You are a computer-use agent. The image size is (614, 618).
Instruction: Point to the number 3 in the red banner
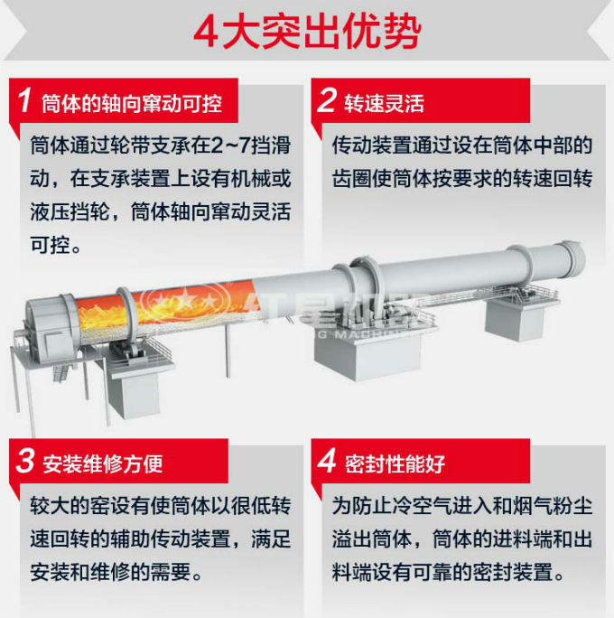point(25,463)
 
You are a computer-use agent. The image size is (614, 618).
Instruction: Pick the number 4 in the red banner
point(326,463)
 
